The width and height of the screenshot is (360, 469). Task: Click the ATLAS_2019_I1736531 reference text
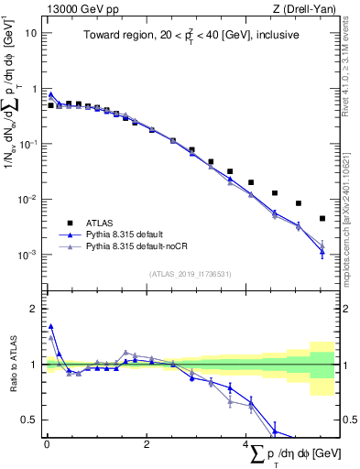point(191,273)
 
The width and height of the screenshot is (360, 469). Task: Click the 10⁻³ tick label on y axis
point(27,255)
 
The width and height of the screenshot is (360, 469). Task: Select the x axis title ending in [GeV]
point(294,454)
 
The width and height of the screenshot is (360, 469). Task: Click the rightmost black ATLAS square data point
point(322,218)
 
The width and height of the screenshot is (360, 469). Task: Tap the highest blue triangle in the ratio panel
point(51,325)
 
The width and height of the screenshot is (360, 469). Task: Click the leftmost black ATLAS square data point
point(51,105)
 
